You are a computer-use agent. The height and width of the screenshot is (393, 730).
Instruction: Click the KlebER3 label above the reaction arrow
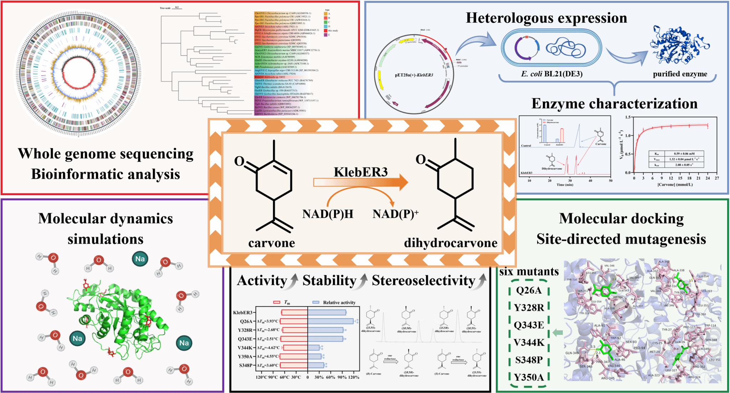[360, 172]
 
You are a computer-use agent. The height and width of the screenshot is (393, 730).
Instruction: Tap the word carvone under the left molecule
[272, 243]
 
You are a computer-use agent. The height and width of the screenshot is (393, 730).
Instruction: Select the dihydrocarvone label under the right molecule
[451, 243]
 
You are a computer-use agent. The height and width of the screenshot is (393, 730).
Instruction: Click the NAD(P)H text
[328, 214]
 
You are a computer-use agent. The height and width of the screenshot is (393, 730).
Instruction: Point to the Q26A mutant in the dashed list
[529, 290]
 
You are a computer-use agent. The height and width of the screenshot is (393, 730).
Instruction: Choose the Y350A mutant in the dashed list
[529, 377]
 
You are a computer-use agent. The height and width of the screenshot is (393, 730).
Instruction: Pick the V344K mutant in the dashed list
[529, 343]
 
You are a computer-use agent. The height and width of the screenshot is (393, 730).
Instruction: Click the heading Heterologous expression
[546, 18]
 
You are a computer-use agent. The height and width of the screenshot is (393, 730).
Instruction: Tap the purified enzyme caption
[680, 74]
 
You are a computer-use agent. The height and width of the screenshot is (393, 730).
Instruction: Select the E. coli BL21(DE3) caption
[551, 74]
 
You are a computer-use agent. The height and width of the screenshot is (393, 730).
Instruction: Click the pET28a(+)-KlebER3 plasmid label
[414, 75]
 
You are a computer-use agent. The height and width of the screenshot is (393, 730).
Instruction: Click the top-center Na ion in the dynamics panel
[140, 259]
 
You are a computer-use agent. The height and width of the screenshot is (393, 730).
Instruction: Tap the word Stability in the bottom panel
[329, 281]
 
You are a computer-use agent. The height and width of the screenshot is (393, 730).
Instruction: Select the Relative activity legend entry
[339, 302]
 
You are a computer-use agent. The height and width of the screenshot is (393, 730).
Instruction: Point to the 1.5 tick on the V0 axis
[628, 117]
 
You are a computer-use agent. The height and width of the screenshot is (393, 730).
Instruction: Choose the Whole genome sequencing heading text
[106, 154]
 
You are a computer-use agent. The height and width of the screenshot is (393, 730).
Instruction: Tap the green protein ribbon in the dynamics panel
[118, 321]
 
